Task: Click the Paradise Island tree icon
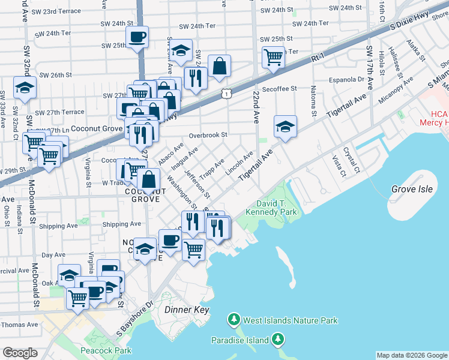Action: click(277, 340)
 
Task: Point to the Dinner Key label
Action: click(185, 310)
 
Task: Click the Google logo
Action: click(20, 353)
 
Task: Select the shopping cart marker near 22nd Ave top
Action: click(273, 58)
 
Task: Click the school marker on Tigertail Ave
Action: click(285, 127)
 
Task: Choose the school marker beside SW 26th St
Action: click(25, 87)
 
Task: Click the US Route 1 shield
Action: click(225, 93)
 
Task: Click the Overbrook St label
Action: click(208, 136)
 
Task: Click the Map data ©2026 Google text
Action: click(411, 355)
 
